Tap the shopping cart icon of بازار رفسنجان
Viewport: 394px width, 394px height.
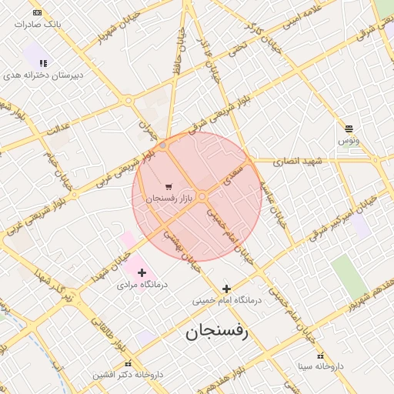(169, 187)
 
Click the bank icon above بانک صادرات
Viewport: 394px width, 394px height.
(36, 13)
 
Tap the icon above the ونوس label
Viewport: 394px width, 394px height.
(349, 129)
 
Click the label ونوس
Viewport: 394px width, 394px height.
(348, 141)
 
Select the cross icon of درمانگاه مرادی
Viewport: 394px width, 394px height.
(142, 272)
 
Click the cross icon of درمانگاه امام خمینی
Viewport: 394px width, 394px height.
(225, 289)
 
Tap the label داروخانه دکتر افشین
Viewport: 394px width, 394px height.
(128, 375)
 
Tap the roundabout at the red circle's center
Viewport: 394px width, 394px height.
(202, 197)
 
